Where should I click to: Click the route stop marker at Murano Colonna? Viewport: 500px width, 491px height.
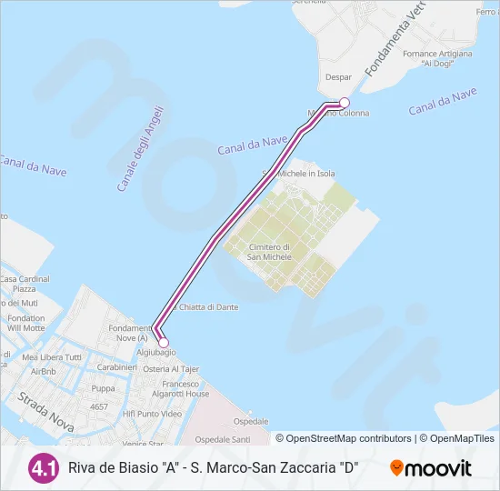tap(345, 103)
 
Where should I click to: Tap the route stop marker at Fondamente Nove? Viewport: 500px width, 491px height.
tap(164, 342)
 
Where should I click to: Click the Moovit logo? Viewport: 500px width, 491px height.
tap(431, 468)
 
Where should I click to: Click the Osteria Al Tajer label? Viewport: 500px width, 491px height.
tap(171, 369)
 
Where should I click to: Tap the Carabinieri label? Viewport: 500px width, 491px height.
tap(116, 367)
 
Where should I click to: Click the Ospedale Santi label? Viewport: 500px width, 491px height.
tap(222, 439)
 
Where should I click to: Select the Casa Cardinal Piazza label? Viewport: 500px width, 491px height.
tap(25, 285)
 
